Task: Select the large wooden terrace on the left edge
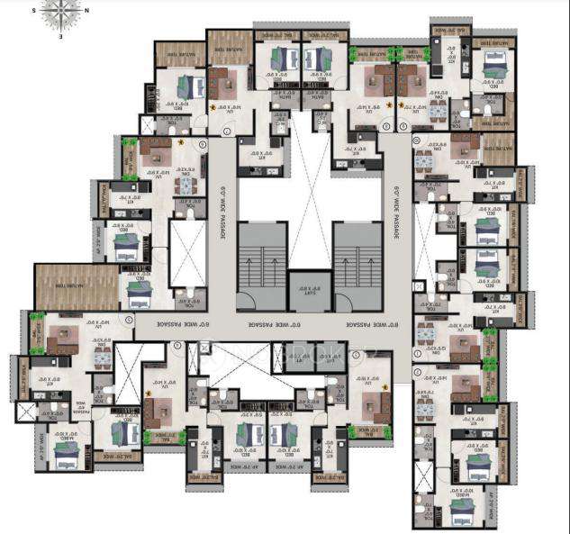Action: click(76, 286)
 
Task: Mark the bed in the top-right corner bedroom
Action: click(494, 65)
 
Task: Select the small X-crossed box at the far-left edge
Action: click(28, 412)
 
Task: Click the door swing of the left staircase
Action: click(245, 303)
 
